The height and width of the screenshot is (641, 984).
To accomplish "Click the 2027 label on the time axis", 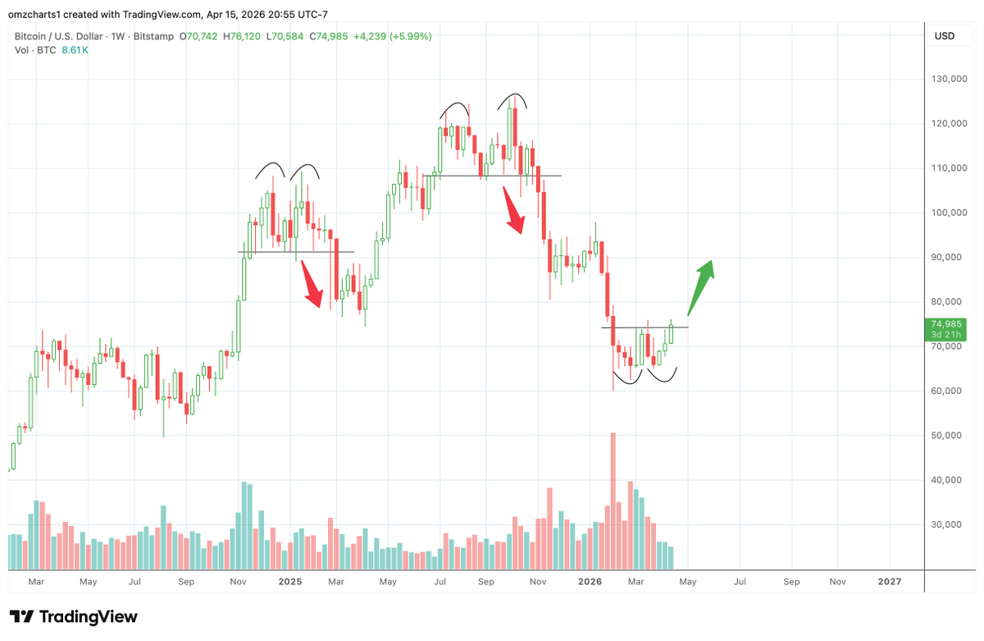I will [x=889, y=582].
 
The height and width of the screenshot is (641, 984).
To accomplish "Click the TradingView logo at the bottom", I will [x=74, y=616].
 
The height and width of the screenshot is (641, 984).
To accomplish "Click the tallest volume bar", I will [x=613, y=500].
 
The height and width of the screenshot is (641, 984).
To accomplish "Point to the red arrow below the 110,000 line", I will [x=514, y=210].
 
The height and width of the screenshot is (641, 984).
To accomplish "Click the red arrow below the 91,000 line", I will [x=312, y=283].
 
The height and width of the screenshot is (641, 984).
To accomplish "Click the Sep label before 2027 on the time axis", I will [x=791, y=582].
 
